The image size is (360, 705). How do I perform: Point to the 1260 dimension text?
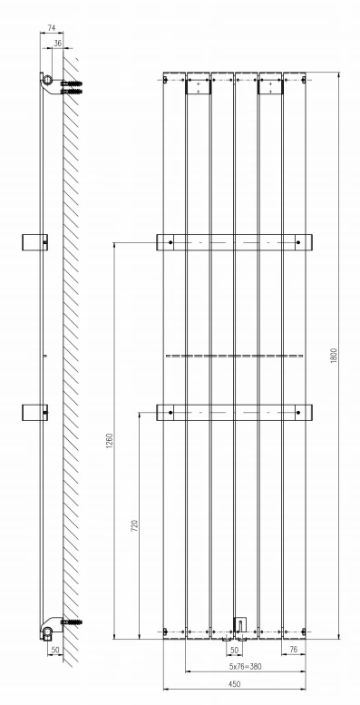(109, 440)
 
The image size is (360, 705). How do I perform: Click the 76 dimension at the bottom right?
(293, 651)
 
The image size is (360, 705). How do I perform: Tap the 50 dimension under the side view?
(54, 651)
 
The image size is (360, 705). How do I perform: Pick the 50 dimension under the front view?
(233, 651)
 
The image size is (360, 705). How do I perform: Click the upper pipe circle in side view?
(46, 81)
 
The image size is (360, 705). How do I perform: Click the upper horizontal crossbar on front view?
(233, 242)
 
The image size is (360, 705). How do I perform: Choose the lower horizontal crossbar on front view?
(233, 413)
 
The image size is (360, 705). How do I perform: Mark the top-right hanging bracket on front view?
(269, 87)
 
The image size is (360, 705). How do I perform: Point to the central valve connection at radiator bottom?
(238, 626)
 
